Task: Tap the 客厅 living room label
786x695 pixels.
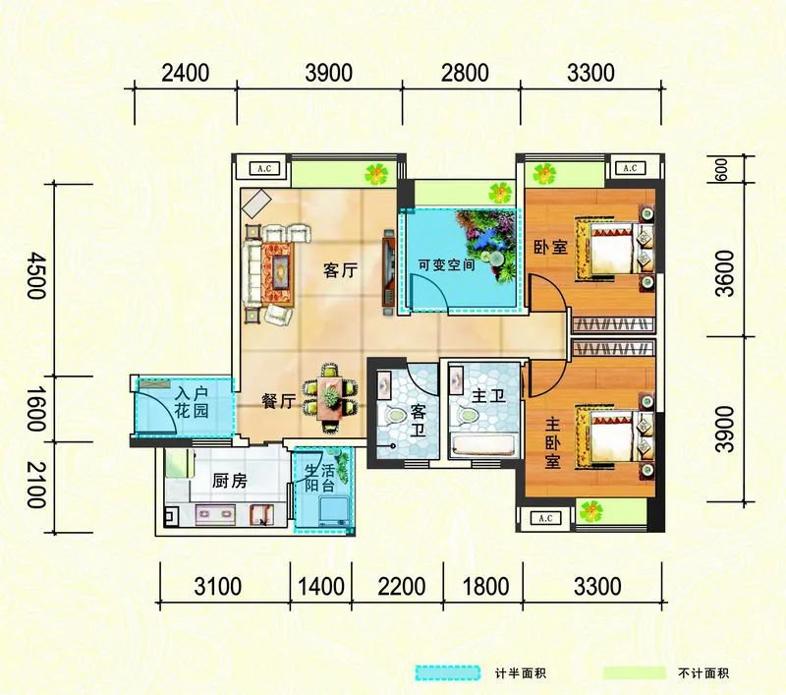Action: coord(340,271)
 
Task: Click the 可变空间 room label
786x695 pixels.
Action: coord(447,263)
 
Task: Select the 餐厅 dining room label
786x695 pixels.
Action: coord(279,401)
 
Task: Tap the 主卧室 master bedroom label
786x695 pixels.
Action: coord(553,444)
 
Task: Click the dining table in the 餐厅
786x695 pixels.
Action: coord(329,398)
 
